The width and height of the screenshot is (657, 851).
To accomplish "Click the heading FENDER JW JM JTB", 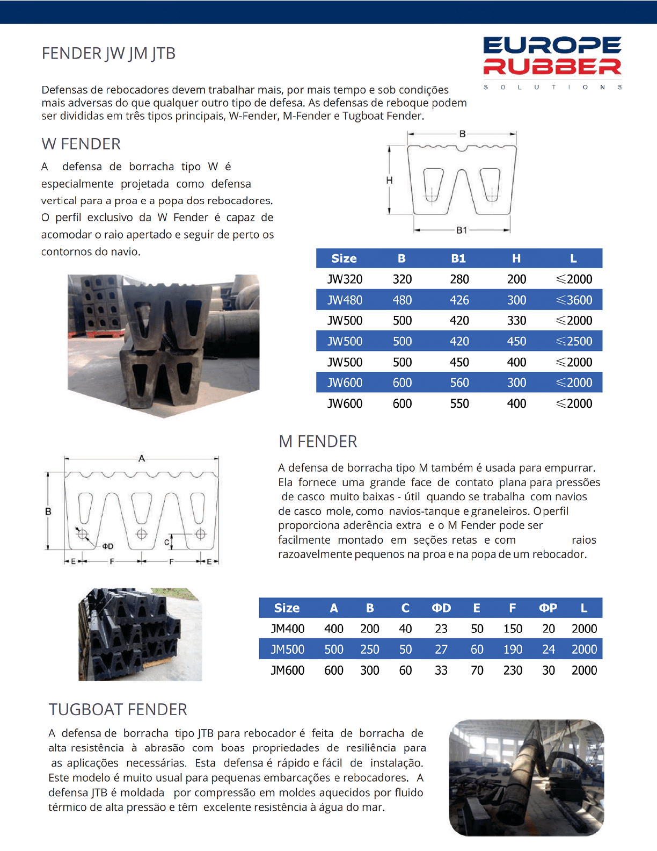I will click(108, 54).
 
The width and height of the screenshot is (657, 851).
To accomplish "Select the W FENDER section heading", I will click(81, 144).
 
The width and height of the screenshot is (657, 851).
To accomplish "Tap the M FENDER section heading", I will click(318, 442).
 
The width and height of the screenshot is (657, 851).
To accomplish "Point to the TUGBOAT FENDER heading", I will click(118, 710).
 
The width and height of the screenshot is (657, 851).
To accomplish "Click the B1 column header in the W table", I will click(458, 258).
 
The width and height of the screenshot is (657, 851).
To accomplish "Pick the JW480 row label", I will click(345, 300).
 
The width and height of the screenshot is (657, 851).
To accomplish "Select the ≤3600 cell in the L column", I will click(574, 300).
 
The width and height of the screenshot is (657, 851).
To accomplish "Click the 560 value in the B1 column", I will click(459, 383).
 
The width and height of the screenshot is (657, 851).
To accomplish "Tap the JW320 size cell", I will click(345, 279).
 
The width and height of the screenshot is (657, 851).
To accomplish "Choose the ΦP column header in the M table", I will click(548, 608).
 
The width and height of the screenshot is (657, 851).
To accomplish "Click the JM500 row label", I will click(287, 650).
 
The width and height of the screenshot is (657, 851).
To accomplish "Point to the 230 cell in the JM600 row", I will click(513, 670).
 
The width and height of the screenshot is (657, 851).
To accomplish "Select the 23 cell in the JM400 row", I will click(441, 629).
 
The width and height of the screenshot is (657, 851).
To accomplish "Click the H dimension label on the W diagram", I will click(389, 181).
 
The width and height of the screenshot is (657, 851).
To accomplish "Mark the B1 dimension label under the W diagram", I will click(462, 230).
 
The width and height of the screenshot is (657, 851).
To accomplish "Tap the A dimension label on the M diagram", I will click(142, 458).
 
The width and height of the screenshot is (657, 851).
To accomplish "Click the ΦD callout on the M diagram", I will click(108, 546).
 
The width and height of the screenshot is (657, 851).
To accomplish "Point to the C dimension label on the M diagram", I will click(166, 543).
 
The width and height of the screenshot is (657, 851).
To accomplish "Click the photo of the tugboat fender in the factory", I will click(526, 777).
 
